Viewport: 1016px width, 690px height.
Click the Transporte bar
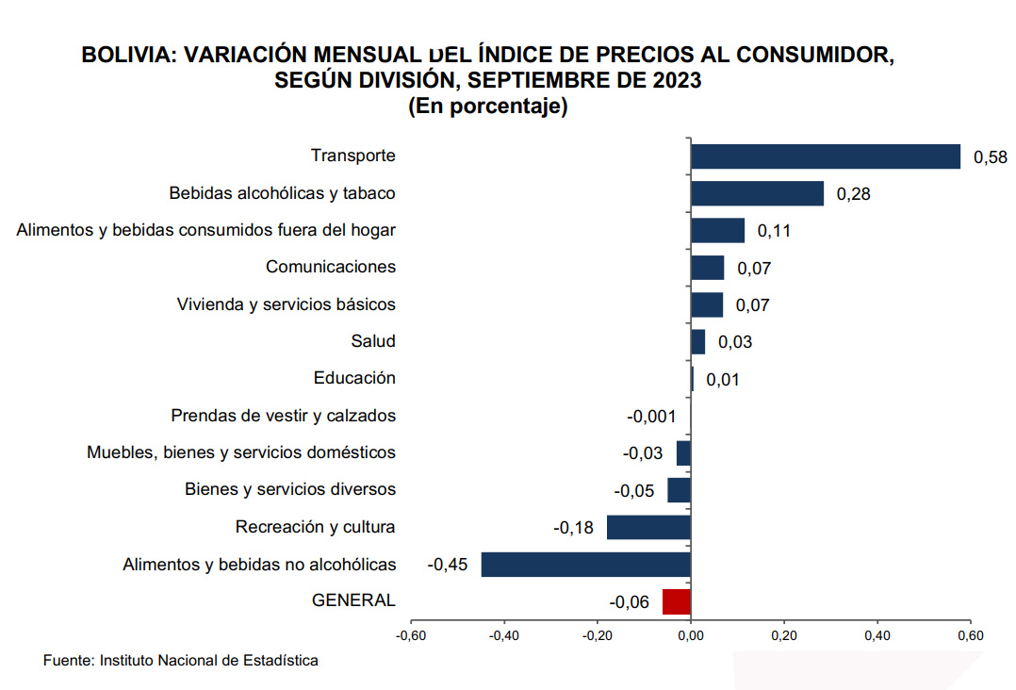point(825,156)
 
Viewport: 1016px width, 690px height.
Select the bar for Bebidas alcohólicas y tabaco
point(757,193)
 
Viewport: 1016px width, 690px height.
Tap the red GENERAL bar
point(677,601)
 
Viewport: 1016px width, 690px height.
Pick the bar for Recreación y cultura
point(648,527)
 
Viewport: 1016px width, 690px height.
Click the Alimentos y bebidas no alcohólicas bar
point(585,565)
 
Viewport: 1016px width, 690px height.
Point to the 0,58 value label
point(990,157)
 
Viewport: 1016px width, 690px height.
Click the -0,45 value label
point(448,565)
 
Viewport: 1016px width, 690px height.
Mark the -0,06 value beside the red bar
point(629,602)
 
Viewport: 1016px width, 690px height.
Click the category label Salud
point(373,341)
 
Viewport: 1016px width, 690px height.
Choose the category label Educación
point(354,378)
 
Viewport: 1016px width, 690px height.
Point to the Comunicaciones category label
point(331,267)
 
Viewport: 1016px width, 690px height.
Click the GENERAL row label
point(353,600)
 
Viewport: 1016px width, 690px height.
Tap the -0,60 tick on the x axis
point(410,635)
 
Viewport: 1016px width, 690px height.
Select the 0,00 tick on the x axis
point(691,635)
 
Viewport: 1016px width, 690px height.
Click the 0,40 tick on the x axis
point(877,635)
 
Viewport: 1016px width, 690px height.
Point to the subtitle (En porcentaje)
point(487,107)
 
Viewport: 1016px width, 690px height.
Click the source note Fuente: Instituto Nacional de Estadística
point(181,661)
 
